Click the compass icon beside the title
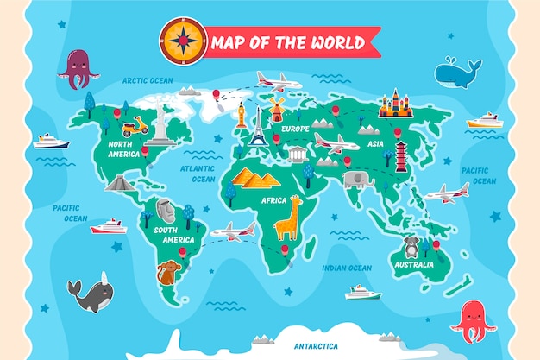click(x=183, y=41)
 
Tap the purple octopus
click(x=78, y=68)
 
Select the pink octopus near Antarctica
click(x=472, y=320)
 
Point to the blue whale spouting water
click(x=457, y=73)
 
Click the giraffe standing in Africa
click(x=287, y=218)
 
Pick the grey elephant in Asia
click(x=357, y=180)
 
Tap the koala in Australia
click(x=412, y=248)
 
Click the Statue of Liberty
click(x=160, y=121)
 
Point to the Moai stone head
click(x=165, y=210)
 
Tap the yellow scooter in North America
click(x=134, y=127)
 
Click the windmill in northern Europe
click(x=276, y=109)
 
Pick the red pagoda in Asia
click(x=401, y=155)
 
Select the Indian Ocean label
click(x=347, y=268)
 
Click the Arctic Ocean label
click(x=148, y=80)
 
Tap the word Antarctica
click(x=316, y=345)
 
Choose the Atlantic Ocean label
click(x=198, y=174)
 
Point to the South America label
click(x=173, y=235)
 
